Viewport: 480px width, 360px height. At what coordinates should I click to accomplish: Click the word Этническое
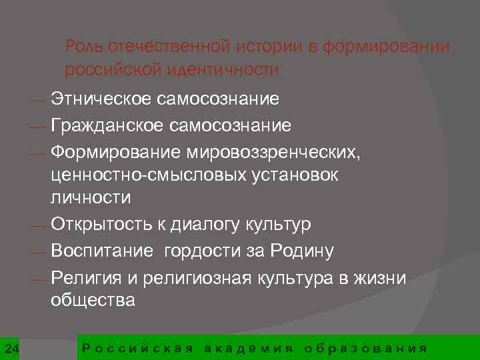[101, 100]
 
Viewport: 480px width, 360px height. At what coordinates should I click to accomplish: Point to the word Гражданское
[107, 125]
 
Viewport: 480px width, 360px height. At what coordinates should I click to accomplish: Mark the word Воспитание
[101, 251]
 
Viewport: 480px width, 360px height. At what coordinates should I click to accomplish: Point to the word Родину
[303, 251]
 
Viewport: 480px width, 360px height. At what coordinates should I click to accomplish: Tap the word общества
[93, 301]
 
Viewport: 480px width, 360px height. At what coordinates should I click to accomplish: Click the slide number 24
[11, 348]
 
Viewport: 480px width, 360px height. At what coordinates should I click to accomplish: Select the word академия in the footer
[249, 348]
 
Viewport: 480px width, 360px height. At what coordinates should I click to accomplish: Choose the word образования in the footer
[365, 348]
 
